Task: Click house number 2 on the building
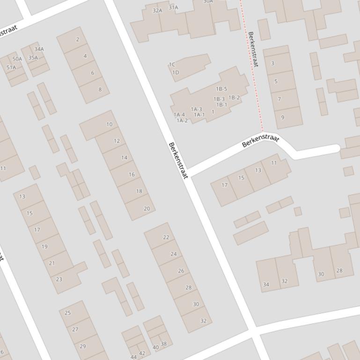pos(78,39)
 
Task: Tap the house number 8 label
pos(100,89)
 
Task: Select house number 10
pos(110,124)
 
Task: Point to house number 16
pos(132,174)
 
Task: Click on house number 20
pos(147,209)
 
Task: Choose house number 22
pos(166,237)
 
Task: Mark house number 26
pos(181,271)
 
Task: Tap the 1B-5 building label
pos(221,89)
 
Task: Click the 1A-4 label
pos(179,115)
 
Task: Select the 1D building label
pos(176,72)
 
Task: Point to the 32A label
pos(157,10)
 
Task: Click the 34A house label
pos(39,49)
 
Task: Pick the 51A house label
pos(11,67)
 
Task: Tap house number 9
pos(282,117)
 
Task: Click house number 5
pos(276,81)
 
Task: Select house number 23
pos(59,279)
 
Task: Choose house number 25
pos(68,313)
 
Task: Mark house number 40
pos(156,347)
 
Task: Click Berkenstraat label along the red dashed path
pos(253,50)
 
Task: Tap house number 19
pos(44,246)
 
